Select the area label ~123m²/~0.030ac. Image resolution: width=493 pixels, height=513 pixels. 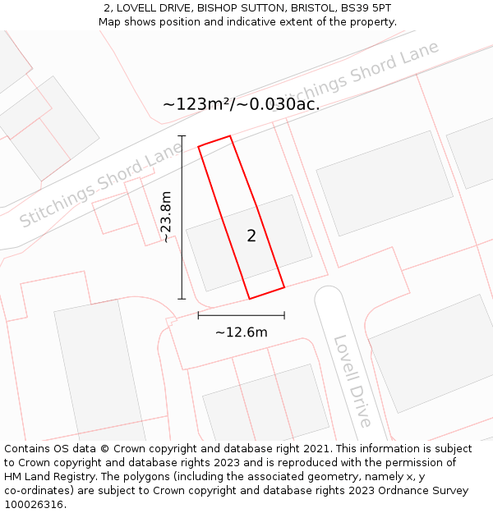click(x=241, y=104)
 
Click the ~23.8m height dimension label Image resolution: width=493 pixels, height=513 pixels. click(x=166, y=217)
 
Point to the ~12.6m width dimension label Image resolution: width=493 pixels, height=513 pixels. click(x=241, y=332)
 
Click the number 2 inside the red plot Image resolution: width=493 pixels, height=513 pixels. click(x=251, y=236)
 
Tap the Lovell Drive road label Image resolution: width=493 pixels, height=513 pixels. click(x=352, y=381)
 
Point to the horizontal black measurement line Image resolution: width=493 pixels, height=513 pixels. click(x=241, y=315)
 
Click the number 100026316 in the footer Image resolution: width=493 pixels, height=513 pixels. click(x=34, y=505)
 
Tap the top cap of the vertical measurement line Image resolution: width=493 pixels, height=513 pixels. click(x=182, y=136)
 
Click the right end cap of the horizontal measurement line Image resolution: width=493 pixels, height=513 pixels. click(x=284, y=315)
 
